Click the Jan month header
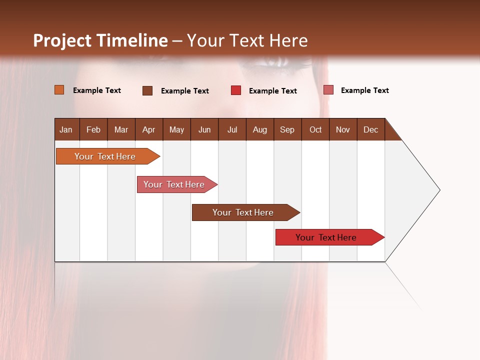click(66, 129)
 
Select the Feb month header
click(93, 129)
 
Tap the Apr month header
click(148, 129)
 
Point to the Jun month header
click(204, 129)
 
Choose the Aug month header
click(259, 129)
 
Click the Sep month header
click(287, 129)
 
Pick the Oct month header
click(315, 129)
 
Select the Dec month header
click(370, 129)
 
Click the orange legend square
click(59, 90)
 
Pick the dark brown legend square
click(147, 90)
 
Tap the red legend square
click(236, 90)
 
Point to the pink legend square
click(328, 90)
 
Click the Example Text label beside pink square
click(364, 90)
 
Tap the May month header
click(176, 129)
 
